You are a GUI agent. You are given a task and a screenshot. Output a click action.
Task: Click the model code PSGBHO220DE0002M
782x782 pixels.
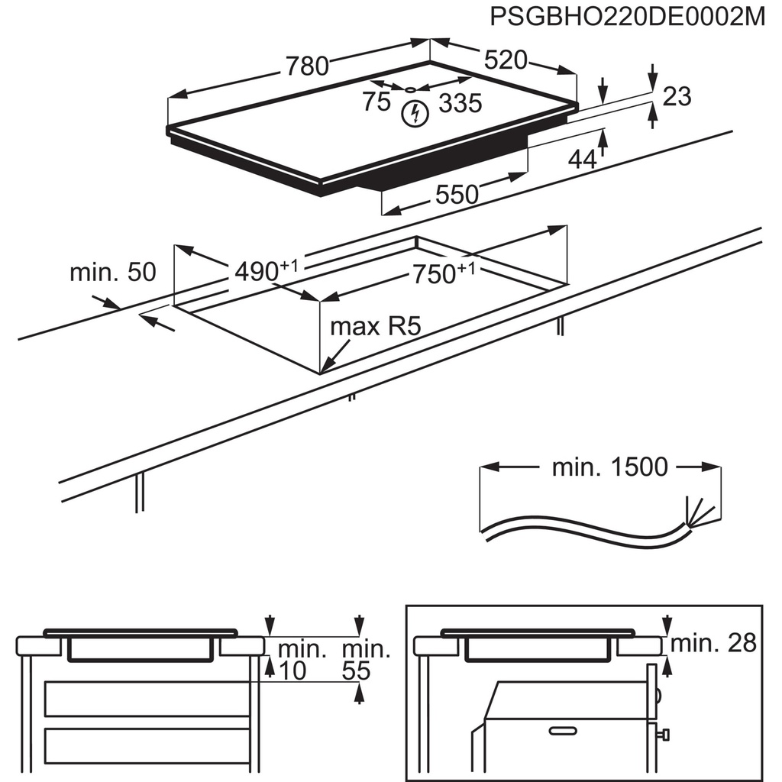click(627, 18)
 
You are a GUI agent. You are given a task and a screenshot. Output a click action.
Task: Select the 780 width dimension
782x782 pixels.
click(307, 66)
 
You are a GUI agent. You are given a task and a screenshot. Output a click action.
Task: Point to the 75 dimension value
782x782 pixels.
click(376, 102)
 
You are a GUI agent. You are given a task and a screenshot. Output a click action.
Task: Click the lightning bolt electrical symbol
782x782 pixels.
click(415, 114)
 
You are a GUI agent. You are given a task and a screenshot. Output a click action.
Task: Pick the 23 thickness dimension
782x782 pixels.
click(677, 96)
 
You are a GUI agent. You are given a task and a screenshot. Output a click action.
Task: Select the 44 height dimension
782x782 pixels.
click(582, 159)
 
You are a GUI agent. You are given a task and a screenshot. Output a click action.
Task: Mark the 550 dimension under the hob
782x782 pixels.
click(457, 194)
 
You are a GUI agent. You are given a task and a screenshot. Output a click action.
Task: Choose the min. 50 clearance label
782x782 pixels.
click(112, 272)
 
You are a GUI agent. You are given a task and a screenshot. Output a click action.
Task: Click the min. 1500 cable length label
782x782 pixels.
click(609, 467)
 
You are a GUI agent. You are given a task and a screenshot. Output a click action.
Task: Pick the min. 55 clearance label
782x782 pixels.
click(365, 661)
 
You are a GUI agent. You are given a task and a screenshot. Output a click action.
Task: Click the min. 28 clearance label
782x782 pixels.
click(714, 643)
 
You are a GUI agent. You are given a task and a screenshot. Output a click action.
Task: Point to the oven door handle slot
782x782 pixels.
click(563, 731)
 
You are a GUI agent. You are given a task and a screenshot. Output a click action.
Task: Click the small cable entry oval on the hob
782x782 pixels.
click(413, 90)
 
